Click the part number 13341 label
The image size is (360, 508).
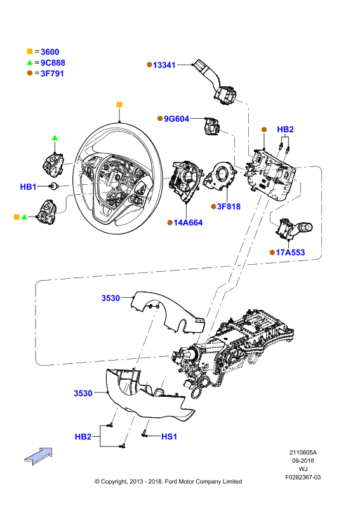(164, 65)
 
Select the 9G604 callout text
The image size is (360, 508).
(177, 119)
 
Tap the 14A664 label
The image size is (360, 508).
(188, 223)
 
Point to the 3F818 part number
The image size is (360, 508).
(229, 206)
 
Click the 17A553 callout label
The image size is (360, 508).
(290, 252)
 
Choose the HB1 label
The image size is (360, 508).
(28, 187)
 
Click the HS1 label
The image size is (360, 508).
(169, 437)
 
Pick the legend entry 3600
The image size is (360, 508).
(50, 52)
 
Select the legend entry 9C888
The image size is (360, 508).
(53, 63)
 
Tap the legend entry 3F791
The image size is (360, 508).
(52, 74)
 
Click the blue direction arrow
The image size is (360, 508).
(39, 456)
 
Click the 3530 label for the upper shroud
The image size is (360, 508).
(110, 298)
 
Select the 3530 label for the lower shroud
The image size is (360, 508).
(83, 393)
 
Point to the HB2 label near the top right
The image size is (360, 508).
(285, 130)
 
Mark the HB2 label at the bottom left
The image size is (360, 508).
(83, 437)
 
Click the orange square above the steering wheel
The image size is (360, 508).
(119, 104)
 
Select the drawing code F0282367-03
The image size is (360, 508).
(303, 478)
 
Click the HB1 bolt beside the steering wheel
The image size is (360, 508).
(53, 186)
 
